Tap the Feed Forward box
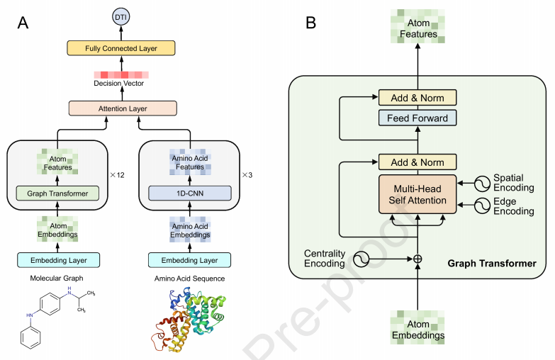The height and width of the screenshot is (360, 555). [x=417, y=118]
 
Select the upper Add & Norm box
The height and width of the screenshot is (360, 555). [x=417, y=98]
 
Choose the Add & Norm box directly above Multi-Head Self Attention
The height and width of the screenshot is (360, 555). [x=417, y=162]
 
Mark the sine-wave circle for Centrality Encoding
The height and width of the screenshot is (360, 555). [x=361, y=259]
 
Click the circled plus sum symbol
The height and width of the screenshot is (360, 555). [x=417, y=259]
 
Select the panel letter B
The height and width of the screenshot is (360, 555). [x=310, y=23]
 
